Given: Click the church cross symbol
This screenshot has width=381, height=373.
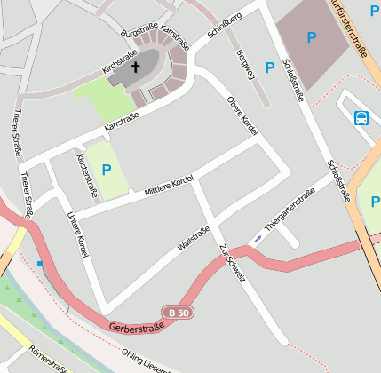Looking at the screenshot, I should point(137,67).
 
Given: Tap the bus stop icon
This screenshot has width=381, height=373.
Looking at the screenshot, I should point(361,118).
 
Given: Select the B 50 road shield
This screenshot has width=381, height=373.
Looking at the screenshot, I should point(177,312).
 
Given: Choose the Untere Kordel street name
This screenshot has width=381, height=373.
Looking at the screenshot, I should point(77,235).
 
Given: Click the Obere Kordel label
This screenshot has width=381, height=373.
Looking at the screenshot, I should point(241,115).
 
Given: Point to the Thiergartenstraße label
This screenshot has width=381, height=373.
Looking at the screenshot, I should point(290,210).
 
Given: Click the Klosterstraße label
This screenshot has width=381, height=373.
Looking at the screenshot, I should point(85,174).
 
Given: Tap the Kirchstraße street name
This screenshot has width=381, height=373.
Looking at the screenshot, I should point(120,61).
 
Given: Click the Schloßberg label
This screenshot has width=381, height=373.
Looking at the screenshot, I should point(224,26).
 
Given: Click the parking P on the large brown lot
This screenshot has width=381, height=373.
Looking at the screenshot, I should point(311,37).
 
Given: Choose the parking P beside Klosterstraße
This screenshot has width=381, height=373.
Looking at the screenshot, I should point(107,170).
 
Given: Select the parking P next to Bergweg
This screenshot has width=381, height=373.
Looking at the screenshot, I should point(270,66).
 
